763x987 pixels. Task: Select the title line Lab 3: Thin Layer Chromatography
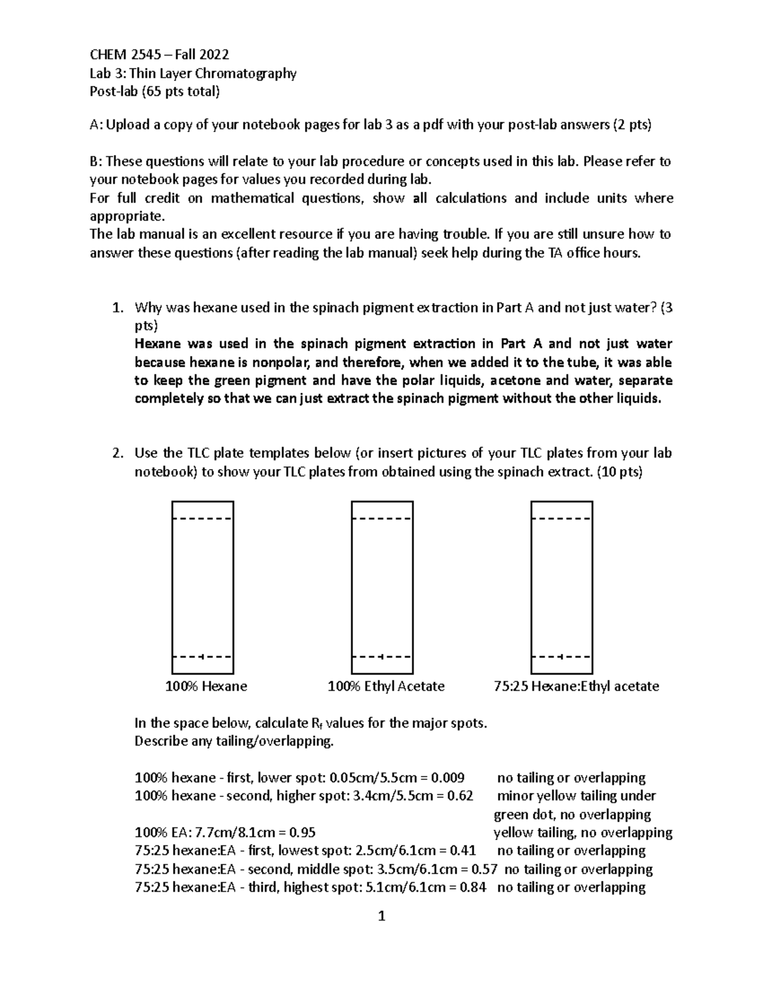[x=193, y=73]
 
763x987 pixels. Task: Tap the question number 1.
[x=116, y=308]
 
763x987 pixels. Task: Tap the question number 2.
[x=116, y=453]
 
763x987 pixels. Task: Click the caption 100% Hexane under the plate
[x=206, y=686]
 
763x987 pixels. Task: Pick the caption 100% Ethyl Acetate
[x=386, y=686]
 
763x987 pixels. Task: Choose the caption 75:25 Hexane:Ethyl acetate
[x=576, y=686]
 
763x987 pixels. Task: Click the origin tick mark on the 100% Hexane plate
[x=201, y=656]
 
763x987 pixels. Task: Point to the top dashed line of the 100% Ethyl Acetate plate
[x=382, y=519]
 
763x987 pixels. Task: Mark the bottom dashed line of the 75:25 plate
[x=561, y=656]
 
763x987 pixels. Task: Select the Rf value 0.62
[x=460, y=796]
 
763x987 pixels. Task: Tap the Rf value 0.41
[x=463, y=851]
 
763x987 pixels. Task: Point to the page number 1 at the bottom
[x=381, y=916]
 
